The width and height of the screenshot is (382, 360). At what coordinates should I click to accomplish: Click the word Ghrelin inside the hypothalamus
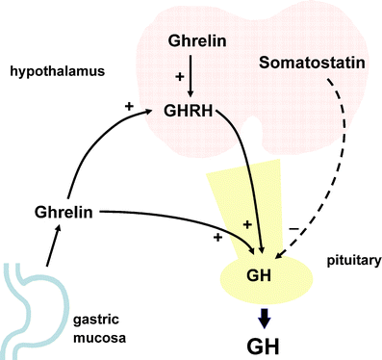(197, 42)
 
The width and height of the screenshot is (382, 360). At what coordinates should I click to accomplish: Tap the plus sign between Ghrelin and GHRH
(178, 75)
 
